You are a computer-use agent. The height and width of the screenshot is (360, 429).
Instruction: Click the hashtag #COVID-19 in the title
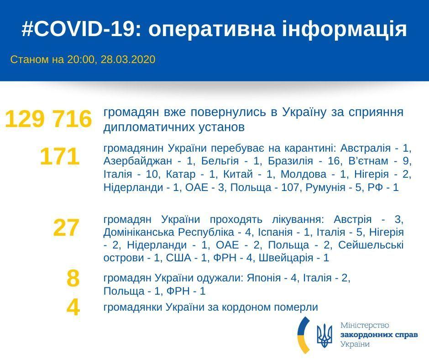78,29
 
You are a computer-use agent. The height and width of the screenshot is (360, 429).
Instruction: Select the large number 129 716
48,119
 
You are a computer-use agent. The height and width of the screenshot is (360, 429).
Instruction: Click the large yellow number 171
60,157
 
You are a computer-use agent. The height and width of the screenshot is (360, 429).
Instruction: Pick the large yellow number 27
67,228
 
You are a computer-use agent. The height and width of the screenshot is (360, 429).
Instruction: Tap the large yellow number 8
73,278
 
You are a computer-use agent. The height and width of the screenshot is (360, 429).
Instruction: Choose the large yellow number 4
73,307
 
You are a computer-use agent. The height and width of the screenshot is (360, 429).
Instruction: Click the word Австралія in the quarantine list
363,148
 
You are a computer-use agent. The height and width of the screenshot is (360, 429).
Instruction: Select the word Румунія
325,188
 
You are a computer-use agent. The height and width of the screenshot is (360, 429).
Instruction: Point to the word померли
296,307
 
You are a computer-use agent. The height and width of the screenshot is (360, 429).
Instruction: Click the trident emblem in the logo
324,336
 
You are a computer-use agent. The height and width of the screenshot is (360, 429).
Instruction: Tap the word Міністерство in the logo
365,325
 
